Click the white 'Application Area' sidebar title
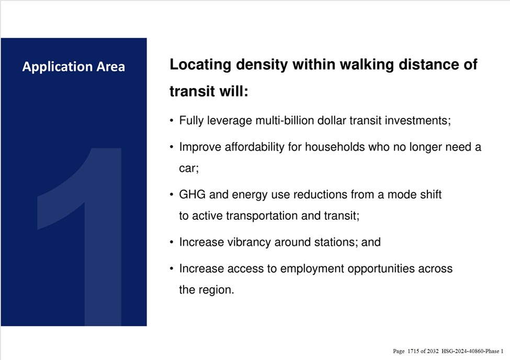click(x=74, y=67)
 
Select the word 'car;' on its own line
click(x=189, y=168)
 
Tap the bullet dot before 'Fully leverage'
click(x=172, y=121)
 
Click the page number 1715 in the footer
click(x=413, y=351)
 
